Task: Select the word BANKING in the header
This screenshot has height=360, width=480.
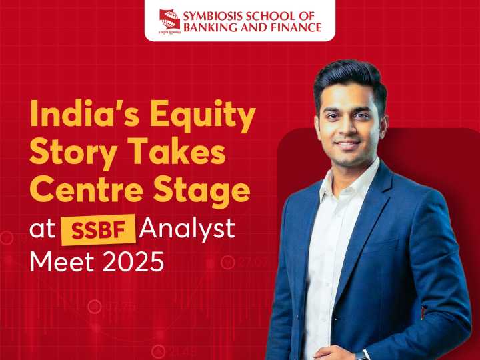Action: pos(209,27)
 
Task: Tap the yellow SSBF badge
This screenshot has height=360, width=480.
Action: pos(99,229)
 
